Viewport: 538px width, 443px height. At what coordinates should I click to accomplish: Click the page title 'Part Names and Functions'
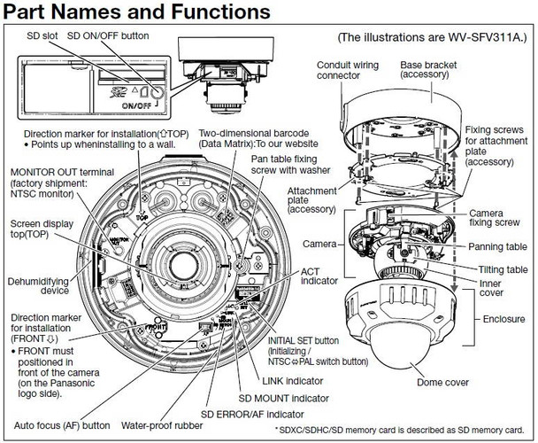[x=136, y=13]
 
